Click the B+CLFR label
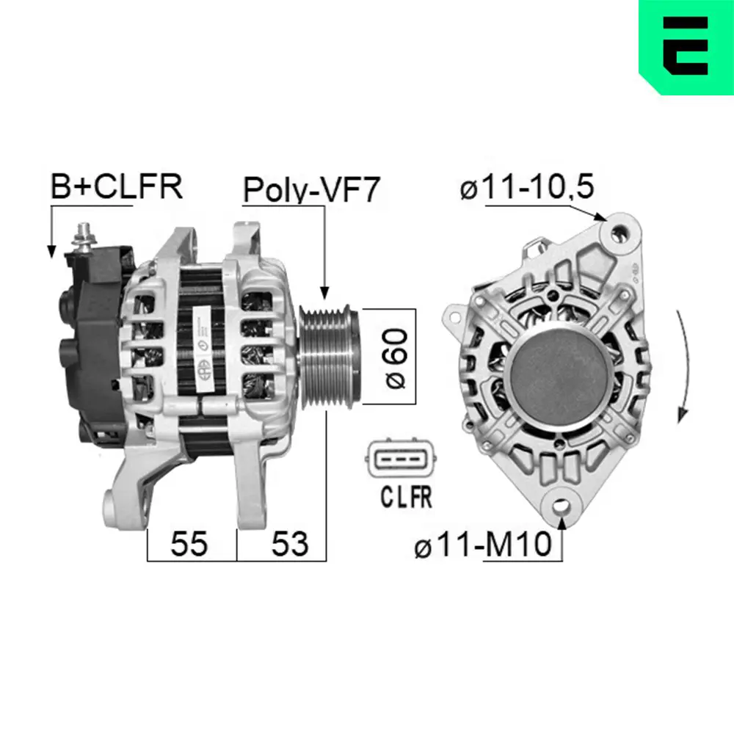(x=115, y=187)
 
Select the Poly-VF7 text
(x=311, y=190)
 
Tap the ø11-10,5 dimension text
(x=526, y=188)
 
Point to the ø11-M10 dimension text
(x=482, y=546)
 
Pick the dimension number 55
(x=189, y=543)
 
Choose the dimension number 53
(x=290, y=543)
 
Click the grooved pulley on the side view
(x=327, y=356)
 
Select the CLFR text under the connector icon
(x=406, y=498)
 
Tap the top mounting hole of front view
(x=622, y=232)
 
